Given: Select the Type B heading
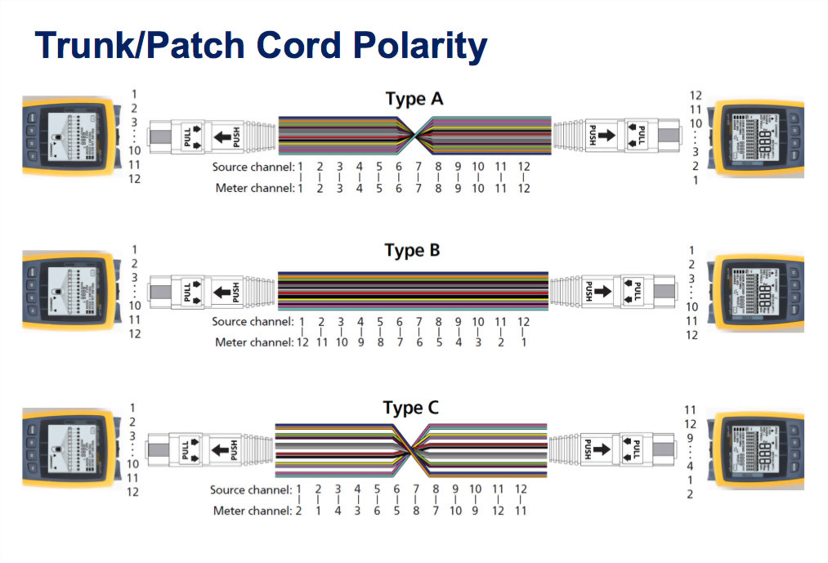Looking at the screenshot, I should tap(412, 251).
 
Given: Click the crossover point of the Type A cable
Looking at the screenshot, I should tap(415, 136).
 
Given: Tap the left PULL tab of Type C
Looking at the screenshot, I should tap(188, 449).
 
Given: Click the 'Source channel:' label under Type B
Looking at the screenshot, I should tap(252, 322).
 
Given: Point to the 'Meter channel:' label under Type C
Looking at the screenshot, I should tap(252, 511).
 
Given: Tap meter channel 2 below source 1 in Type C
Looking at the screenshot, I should tap(299, 511).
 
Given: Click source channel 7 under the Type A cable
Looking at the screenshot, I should tap(418, 167).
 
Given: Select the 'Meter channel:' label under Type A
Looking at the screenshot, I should tap(253, 188).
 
